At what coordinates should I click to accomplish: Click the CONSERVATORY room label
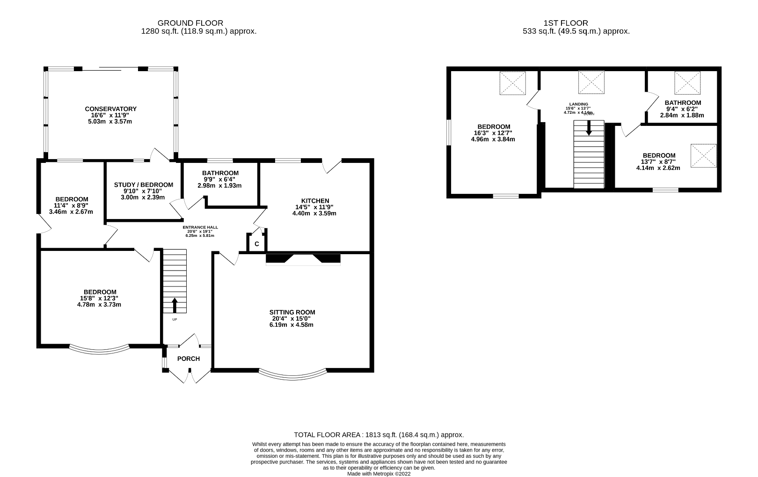coord(111,109)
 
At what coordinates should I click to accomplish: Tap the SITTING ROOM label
coord(292,312)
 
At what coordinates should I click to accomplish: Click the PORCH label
coord(189,359)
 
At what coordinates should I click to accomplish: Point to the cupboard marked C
coord(257,244)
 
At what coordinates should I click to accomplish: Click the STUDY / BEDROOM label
coord(144,185)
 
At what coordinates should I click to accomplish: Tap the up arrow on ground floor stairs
coord(175,305)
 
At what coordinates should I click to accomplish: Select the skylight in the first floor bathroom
coord(687,83)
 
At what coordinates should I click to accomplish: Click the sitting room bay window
coord(292,374)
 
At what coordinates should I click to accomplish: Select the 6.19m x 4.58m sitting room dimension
coord(292,324)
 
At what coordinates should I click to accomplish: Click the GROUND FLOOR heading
coord(190,23)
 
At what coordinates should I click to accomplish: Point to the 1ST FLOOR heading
coord(566,23)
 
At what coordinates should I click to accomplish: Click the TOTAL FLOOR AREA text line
coord(379,434)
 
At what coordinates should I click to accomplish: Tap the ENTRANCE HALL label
coord(200,227)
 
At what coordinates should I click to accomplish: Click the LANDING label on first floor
coord(579,104)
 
